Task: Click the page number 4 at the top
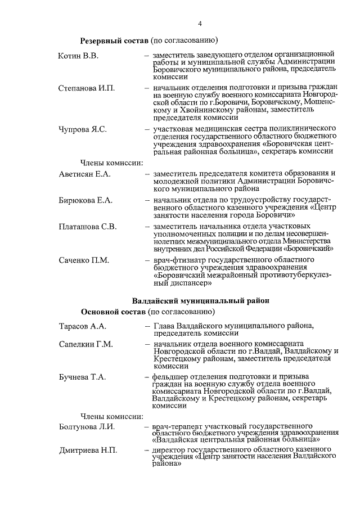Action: click(x=200, y=23)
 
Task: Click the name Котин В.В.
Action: click(x=78, y=55)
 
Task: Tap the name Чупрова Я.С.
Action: click(x=83, y=129)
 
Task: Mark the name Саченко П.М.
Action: click(x=84, y=260)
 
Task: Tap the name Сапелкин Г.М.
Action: click(x=86, y=344)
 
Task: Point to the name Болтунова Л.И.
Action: click(x=87, y=426)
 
